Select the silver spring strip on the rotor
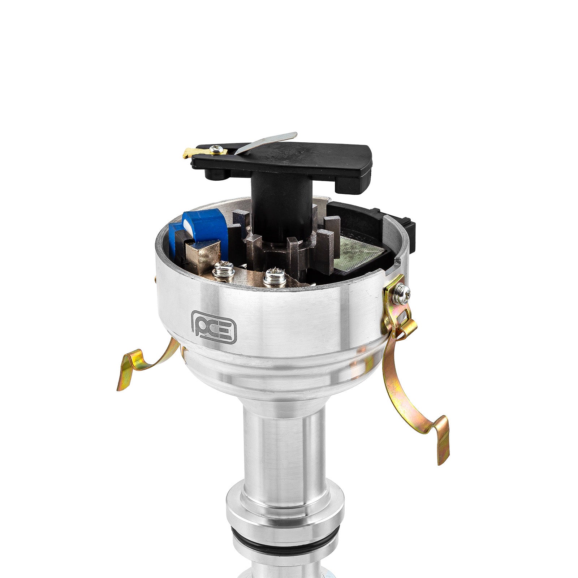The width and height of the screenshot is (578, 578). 266,143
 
